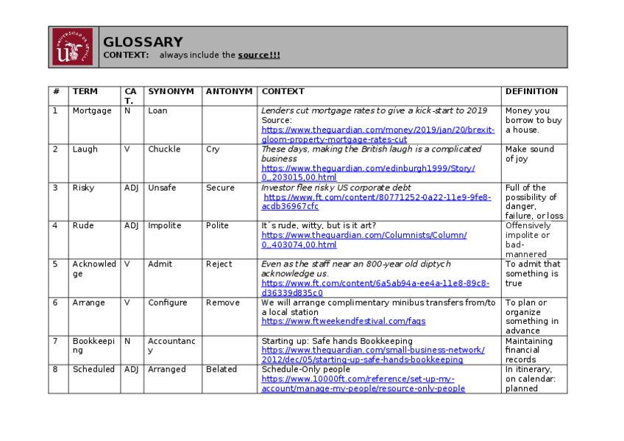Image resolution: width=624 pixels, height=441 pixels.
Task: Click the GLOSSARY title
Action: (143, 42)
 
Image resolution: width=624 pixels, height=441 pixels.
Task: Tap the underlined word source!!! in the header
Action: (258, 55)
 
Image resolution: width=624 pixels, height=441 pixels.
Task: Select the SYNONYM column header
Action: (171, 91)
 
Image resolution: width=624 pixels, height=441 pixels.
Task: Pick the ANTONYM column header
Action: (229, 91)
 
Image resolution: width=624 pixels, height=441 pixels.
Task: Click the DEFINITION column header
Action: (531, 91)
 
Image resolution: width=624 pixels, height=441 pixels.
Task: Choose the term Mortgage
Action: (92, 110)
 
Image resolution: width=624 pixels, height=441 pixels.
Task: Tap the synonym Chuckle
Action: (164, 149)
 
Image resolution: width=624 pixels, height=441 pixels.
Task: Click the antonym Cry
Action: (213, 149)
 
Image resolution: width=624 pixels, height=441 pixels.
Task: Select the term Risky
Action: (83, 188)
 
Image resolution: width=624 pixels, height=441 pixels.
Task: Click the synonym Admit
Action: (160, 264)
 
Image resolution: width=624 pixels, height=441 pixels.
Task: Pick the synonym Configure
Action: (168, 303)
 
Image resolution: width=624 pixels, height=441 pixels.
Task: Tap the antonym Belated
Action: (221, 369)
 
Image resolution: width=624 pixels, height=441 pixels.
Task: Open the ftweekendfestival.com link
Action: (343, 321)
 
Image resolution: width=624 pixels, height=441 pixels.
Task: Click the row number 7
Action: (54, 341)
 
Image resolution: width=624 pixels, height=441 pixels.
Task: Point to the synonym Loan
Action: (157, 110)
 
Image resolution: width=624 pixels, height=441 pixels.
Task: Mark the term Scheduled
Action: (93, 369)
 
